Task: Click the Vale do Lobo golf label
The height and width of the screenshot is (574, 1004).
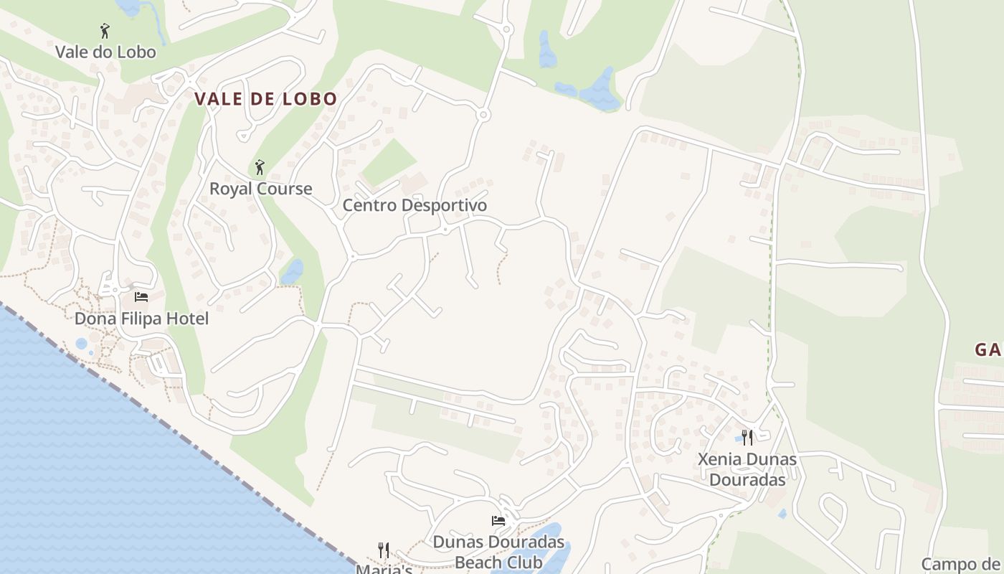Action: click(105, 52)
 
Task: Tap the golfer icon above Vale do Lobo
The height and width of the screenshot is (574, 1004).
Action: click(105, 31)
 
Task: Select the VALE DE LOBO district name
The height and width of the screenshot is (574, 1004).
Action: click(266, 99)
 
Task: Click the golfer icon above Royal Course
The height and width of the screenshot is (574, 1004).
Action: click(260, 168)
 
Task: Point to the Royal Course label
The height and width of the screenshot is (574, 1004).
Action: click(260, 189)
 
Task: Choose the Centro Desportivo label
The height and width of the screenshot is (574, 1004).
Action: click(415, 205)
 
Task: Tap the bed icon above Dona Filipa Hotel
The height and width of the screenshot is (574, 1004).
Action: click(141, 296)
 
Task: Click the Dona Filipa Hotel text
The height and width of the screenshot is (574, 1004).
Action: click(141, 318)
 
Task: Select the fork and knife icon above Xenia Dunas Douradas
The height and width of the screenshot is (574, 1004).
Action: click(747, 437)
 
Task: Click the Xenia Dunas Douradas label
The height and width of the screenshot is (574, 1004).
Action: click(747, 469)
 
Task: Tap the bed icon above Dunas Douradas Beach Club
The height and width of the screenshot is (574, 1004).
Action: click(498, 520)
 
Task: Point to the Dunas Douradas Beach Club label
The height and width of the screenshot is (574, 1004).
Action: click(498, 551)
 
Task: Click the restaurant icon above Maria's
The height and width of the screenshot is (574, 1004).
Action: click(384, 550)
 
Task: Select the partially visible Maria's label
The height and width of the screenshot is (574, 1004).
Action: click(384, 568)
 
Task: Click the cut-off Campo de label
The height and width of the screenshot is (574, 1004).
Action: click(961, 564)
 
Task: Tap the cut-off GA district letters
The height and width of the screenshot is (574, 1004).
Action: click(988, 350)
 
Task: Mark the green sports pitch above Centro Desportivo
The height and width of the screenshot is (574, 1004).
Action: click(388, 162)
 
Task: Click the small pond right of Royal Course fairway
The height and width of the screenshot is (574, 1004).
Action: click(293, 271)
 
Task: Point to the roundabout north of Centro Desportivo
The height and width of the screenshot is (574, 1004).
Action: click(484, 114)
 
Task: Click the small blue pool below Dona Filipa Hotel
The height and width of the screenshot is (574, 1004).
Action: click(81, 344)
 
